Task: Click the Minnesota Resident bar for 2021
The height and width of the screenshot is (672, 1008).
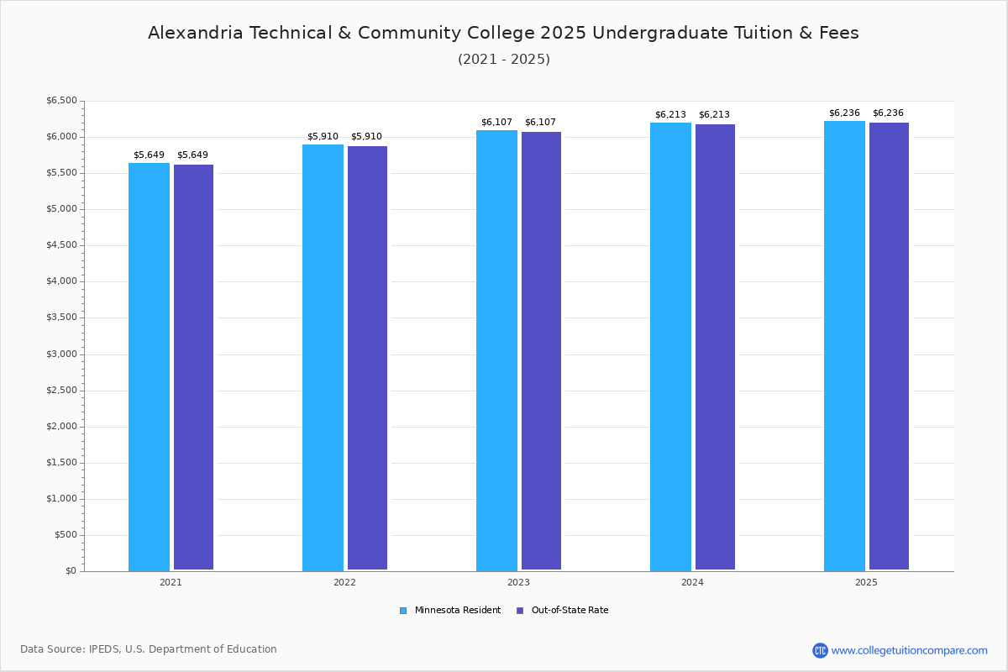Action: [x=149, y=367]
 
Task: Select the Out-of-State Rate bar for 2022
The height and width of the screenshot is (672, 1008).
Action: [x=367, y=359]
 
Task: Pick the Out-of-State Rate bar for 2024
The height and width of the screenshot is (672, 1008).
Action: [x=715, y=348]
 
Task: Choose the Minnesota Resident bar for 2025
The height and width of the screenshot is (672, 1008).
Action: [x=844, y=346]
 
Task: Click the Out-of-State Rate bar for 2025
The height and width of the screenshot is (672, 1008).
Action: [x=889, y=347]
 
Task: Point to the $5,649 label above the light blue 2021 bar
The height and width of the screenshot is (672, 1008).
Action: [x=149, y=155]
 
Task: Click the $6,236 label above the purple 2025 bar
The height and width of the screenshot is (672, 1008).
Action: [x=888, y=113]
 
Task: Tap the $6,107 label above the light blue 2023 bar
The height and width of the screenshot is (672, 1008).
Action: [x=496, y=122]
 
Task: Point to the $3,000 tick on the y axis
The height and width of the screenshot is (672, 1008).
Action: [x=63, y=354]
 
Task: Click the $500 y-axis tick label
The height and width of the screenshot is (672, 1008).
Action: [x=66, y=535]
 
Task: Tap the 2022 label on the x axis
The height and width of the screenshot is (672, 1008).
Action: [x=344, y=582]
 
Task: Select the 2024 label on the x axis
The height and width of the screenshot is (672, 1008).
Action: [x=692, y=582]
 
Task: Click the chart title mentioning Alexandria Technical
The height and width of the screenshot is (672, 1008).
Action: [x=503, y=34]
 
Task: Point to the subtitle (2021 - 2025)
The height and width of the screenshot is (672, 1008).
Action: [x=503, y=60]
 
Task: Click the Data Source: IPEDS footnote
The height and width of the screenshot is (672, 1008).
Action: [x=149, y=649]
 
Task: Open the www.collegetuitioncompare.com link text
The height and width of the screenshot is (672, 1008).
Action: [x=909, y=650]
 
